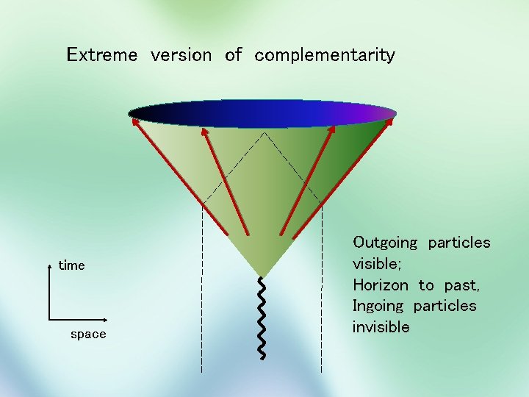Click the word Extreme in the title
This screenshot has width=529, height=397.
(x=101, y=54)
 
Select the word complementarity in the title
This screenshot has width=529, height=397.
(x=325, y=55)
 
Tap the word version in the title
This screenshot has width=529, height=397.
(x=181, y=54)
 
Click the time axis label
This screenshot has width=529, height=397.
(x=72, y=265)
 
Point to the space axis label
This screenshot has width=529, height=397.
(x=88, y=335)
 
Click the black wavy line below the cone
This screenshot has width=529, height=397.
(x=262, y=318)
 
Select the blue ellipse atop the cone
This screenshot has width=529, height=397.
(x=262, y=114)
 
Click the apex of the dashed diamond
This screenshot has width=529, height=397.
(x=262, y=133)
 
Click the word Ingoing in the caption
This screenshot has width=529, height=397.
(x=378, y=306)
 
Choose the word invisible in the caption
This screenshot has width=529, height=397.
(x=381, y=326)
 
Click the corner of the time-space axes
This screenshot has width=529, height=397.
(x=49, y=319)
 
